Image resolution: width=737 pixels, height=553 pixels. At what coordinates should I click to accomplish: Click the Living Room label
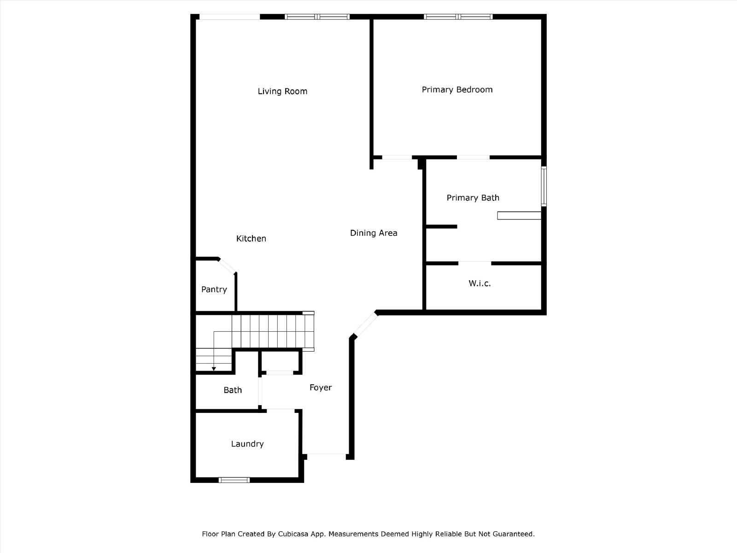[282, 91]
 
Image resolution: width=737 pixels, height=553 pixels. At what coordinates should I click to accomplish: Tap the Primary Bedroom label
[457, 90]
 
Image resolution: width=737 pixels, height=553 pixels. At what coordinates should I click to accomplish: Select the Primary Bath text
[473, 198]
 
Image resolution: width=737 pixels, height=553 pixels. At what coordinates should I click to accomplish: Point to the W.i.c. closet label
[480, 283]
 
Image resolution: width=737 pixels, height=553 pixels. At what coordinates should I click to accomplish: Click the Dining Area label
[374, 233]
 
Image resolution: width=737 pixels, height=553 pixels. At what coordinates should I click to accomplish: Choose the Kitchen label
[251, 239]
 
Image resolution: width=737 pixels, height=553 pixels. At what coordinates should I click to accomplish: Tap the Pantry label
[214, 289]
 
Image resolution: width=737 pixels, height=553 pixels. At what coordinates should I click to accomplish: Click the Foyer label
[321, 388]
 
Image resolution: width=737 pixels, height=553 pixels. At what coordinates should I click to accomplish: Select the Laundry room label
[247, 444]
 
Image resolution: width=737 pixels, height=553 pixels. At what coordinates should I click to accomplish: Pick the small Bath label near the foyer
[233, 390]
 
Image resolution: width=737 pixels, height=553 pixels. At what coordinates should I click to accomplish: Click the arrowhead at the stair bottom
[214, 369]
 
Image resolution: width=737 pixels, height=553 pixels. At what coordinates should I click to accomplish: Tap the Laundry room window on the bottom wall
[234, 480]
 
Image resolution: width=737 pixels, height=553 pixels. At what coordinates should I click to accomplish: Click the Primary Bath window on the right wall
[544, 186]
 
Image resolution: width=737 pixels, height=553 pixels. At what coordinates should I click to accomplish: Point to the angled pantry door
[227, 267]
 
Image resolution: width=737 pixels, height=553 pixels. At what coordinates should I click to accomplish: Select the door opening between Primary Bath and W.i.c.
[474, 263]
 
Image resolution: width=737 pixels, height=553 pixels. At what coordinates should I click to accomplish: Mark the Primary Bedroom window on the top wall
[458, 17]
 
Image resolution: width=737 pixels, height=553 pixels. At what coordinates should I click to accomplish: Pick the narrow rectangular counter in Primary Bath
[519, 216]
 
